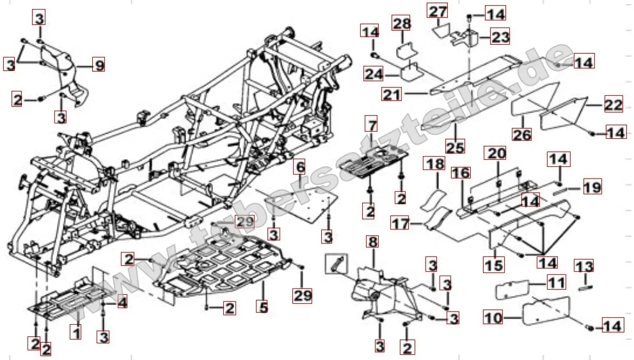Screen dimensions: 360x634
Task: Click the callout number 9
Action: tap(99, 65)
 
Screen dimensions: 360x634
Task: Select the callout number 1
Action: tap(75, 332)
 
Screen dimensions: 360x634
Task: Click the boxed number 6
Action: tap(299, 168)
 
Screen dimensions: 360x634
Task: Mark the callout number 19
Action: tap(592, 188)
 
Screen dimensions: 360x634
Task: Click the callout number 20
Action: tap(497, 153)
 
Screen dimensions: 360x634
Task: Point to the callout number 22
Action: tap(596, 105)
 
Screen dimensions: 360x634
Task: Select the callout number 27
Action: tap(438, 11)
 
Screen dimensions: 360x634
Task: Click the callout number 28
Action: tap(401, 24)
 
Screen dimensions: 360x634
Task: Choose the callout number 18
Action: tap(435, 164)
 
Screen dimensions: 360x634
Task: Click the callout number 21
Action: tap(392, 95)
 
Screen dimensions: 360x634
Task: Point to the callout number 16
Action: tap(461, 173)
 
